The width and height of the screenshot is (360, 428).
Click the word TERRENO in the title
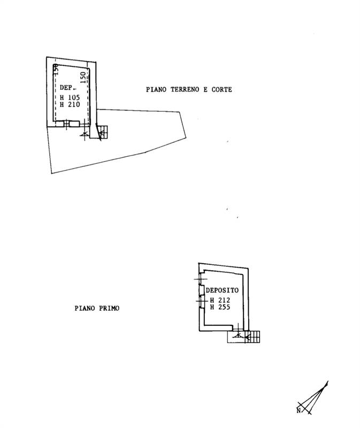(185, 89)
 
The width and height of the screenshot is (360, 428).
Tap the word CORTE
(221, 89)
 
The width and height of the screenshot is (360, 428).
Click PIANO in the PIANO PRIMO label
(85, 308)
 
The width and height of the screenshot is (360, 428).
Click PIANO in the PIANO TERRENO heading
(156, 89)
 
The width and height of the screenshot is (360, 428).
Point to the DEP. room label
(67, 88)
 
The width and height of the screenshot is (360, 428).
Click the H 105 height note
(70, 97)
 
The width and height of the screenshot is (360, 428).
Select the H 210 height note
(70, 104)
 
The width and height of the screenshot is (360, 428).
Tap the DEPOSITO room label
(222, 290)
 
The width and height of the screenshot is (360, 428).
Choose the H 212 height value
(220, 300)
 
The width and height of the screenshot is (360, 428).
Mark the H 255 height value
(220, 307)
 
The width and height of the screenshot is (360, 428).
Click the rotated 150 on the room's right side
(83, 78)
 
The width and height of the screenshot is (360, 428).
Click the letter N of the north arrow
(298, 410)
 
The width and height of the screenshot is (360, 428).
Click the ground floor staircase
(103, 132)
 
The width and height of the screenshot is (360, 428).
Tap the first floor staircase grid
(252, 337)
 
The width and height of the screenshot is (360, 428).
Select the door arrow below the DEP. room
(85, 133)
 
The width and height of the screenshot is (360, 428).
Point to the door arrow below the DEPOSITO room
(238, 335)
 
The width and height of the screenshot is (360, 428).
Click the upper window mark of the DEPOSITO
(201, 279)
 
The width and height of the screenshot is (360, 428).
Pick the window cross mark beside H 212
(202, 301)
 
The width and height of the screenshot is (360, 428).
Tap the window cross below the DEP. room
(67, 125)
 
